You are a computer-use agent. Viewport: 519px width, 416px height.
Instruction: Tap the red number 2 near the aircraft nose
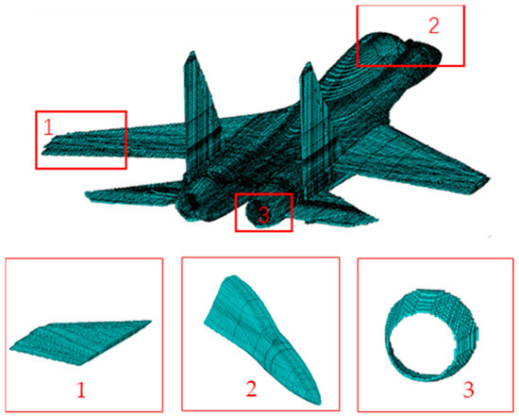pos(433,25)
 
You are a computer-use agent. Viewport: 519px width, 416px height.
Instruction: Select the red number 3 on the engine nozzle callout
pos(263,215)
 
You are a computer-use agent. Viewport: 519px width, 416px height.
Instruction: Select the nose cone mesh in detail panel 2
pos(260,330)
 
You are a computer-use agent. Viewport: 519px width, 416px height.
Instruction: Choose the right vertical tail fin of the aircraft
pos(310,113)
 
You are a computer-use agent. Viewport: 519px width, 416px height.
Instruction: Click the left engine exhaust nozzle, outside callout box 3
pos(193,200)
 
